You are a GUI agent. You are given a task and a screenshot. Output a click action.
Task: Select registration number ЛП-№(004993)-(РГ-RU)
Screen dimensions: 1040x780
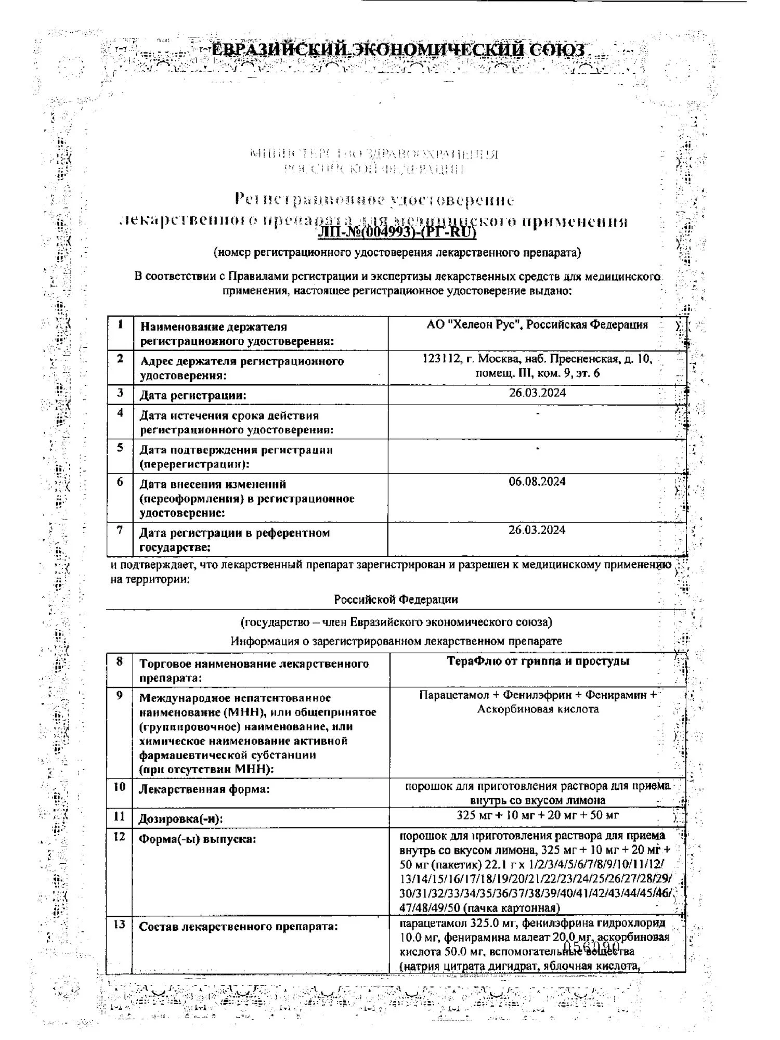[397, 232]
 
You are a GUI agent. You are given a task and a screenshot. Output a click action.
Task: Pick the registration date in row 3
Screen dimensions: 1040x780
[537, 393]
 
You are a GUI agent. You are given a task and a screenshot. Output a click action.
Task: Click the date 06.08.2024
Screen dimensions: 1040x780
[537, 482]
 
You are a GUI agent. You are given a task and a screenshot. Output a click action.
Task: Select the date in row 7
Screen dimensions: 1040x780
[537, 530]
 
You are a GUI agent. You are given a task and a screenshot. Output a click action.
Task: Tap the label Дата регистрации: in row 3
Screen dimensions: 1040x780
[193, 395]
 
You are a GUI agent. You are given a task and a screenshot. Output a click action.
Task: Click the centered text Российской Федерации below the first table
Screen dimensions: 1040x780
[396, 600]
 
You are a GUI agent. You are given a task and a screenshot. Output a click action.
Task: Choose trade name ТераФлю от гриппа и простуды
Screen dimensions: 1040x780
[538, 661]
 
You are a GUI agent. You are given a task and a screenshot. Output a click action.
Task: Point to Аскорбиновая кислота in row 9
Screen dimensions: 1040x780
[538, 709]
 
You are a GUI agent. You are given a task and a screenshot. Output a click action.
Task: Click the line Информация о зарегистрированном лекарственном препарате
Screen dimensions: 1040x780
[396, 641]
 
